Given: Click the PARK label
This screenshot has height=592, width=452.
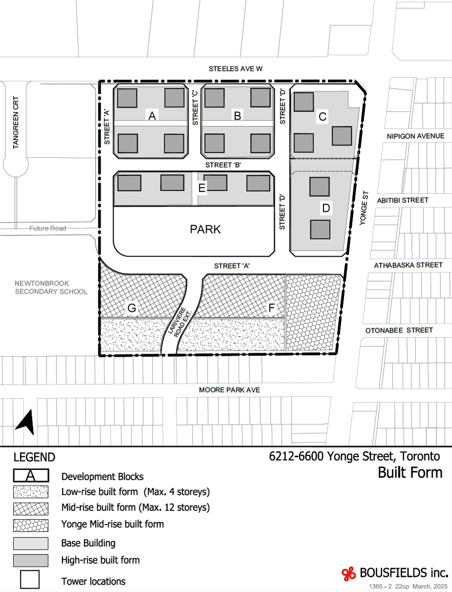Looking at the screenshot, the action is point(205,229).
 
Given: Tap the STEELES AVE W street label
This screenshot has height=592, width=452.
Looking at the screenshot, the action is point(236,69).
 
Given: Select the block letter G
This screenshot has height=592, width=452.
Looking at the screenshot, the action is point(131,308).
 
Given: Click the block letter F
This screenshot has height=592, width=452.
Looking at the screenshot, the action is point(272,307).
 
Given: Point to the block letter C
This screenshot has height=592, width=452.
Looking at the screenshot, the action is point(323,117).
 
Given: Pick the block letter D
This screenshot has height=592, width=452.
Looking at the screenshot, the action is point(326,208).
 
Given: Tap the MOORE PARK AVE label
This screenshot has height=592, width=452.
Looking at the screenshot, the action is point(230,390).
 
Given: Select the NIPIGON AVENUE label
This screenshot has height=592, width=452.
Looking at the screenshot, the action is point(415,136).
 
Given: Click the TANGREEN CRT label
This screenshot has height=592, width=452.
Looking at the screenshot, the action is point(16,123).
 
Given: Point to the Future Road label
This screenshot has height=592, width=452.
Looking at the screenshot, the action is point(48,228).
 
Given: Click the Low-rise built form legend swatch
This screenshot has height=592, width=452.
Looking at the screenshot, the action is point(31,492).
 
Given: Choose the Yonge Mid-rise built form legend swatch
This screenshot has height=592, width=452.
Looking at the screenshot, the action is point(31,526).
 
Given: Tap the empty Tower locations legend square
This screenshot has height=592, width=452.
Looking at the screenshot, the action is point(30,579).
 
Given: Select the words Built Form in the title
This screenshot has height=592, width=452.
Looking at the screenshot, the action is point(410,472).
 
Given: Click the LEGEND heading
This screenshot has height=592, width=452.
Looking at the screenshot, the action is point(34,457).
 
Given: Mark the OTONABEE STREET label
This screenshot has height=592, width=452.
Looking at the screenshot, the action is point(399,330).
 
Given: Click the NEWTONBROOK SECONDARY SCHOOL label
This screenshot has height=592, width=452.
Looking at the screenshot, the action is point(51,288).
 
